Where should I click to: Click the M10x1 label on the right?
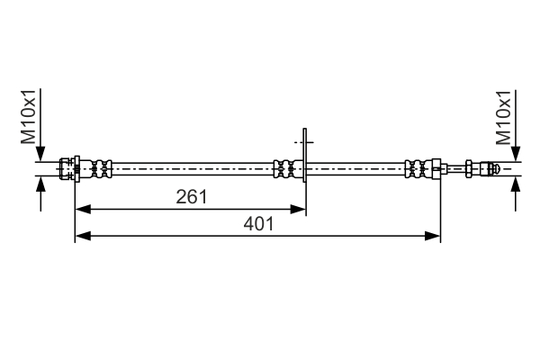(504, 118)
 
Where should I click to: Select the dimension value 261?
(190, 196)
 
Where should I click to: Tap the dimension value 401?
(258, 223)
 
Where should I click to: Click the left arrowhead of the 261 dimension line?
(80, 209)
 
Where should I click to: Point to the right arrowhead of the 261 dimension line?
(301, 209)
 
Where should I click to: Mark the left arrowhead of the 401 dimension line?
(80, 236)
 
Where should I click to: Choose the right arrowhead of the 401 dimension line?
(435, 236)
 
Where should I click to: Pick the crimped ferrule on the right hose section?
(419, 168)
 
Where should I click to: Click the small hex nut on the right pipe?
(470, 168)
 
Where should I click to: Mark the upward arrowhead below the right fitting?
(515, 182)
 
